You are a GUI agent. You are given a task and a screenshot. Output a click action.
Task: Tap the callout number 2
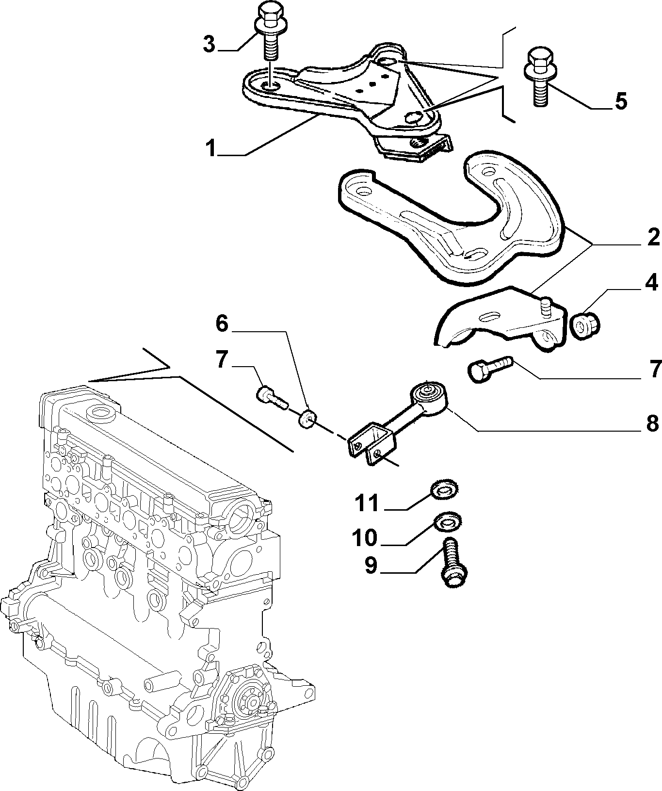point(652,238)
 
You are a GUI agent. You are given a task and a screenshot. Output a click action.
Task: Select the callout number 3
point(209,44)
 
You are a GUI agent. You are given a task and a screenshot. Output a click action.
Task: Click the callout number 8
point(652,423)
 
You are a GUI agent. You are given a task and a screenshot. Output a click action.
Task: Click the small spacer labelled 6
point(307,419)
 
